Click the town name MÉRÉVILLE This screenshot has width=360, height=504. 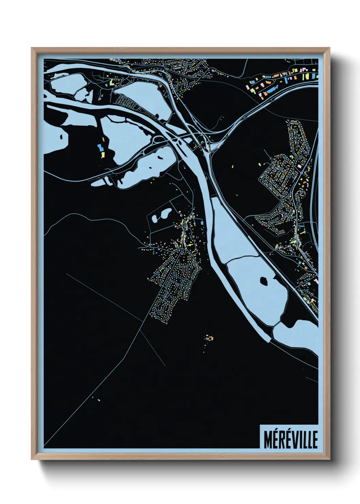pos(290,439)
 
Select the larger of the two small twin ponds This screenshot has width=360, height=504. pos(166,214)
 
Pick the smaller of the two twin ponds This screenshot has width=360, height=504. pos(156,218)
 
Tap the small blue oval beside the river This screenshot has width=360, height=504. pos(202,223)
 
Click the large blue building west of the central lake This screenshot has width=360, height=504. pos(100,147)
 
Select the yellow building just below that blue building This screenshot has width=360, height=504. pos(102,155)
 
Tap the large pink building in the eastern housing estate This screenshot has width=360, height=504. pos(299,166)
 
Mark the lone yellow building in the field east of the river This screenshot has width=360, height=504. pos(233,167)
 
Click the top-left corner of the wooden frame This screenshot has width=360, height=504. pos(32,49)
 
